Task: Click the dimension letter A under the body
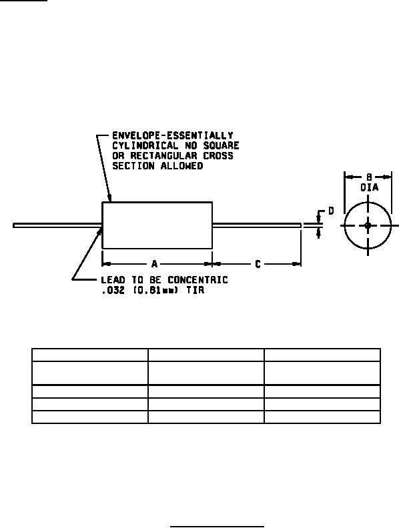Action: [154, 263]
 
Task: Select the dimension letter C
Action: [258, 264]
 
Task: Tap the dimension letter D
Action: [331, 211]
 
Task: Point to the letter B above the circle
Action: [369, 177]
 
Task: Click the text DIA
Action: [370, 187]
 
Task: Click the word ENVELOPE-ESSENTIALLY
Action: [173, 135]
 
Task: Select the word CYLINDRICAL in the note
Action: [145, 145]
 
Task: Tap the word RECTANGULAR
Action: [163, 155]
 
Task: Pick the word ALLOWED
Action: [181, 166]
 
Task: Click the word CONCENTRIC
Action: [197, 280]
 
